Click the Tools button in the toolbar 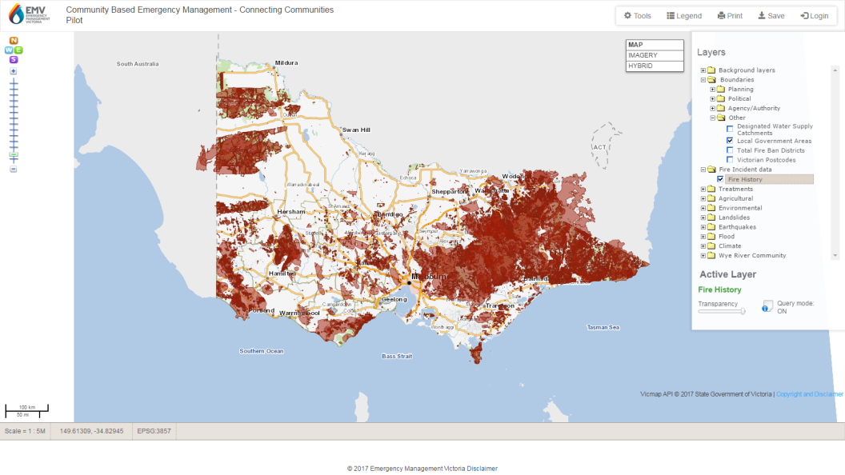tap(638, 16)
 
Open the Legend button tap(684, 16)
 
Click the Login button tap(815, 16)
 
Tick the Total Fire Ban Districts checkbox tap(730, 150)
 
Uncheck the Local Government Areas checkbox tap(730, 141)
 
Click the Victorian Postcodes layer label tap(766, 160)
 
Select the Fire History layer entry tap(744, 179)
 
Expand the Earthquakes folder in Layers tap(703, 227)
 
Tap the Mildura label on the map tap(286, 62)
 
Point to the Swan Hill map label tap(356, 130)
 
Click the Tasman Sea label tap(603, 327)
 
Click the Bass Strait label tap(396, 356)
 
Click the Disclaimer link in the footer tap(482, 469)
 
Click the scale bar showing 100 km tap(26, 411)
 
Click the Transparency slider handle tap(743, 311)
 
